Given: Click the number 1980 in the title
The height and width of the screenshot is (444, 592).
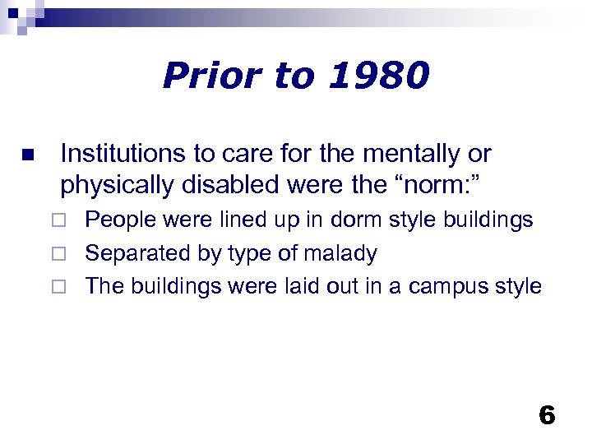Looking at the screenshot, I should (x=381, y=76).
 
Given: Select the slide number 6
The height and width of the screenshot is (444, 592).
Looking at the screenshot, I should (x=547, y=415).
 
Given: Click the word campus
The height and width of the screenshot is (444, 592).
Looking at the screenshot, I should (x=450, y=286).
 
